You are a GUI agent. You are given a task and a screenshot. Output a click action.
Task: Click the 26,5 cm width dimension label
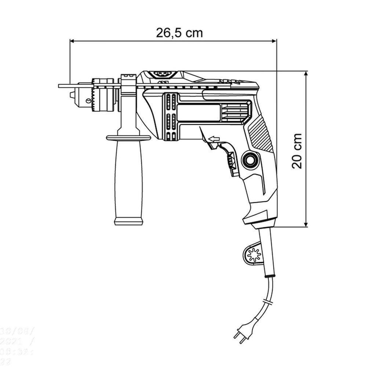pos(179,33)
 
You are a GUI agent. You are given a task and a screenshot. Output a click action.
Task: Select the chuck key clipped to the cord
pos(253,254)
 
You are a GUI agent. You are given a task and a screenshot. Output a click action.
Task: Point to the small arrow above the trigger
pos(213,139)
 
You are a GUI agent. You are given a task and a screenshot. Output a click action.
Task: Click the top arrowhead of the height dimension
pos(306,74)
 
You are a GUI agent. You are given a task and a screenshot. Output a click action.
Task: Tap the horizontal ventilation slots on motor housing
pos(235,112)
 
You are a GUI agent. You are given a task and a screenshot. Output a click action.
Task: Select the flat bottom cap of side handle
pos(128,221)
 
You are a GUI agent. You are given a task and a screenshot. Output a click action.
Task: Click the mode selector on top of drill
pos(161,74)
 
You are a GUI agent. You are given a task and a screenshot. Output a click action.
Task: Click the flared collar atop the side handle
pos(128,138)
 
